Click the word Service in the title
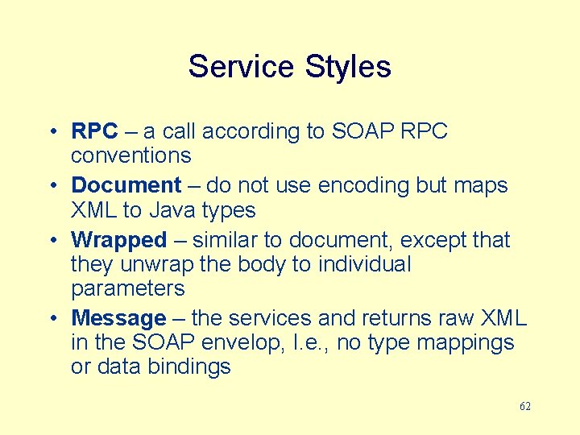pos(242,66)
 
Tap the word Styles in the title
pos(348,66)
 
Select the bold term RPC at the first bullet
pos(94,131)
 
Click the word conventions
pos(130,155)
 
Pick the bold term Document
pos(126,185)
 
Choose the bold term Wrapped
pos(118,240)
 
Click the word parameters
pos(127,288)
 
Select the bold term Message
pos(118,318)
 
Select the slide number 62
pos(524,406)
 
